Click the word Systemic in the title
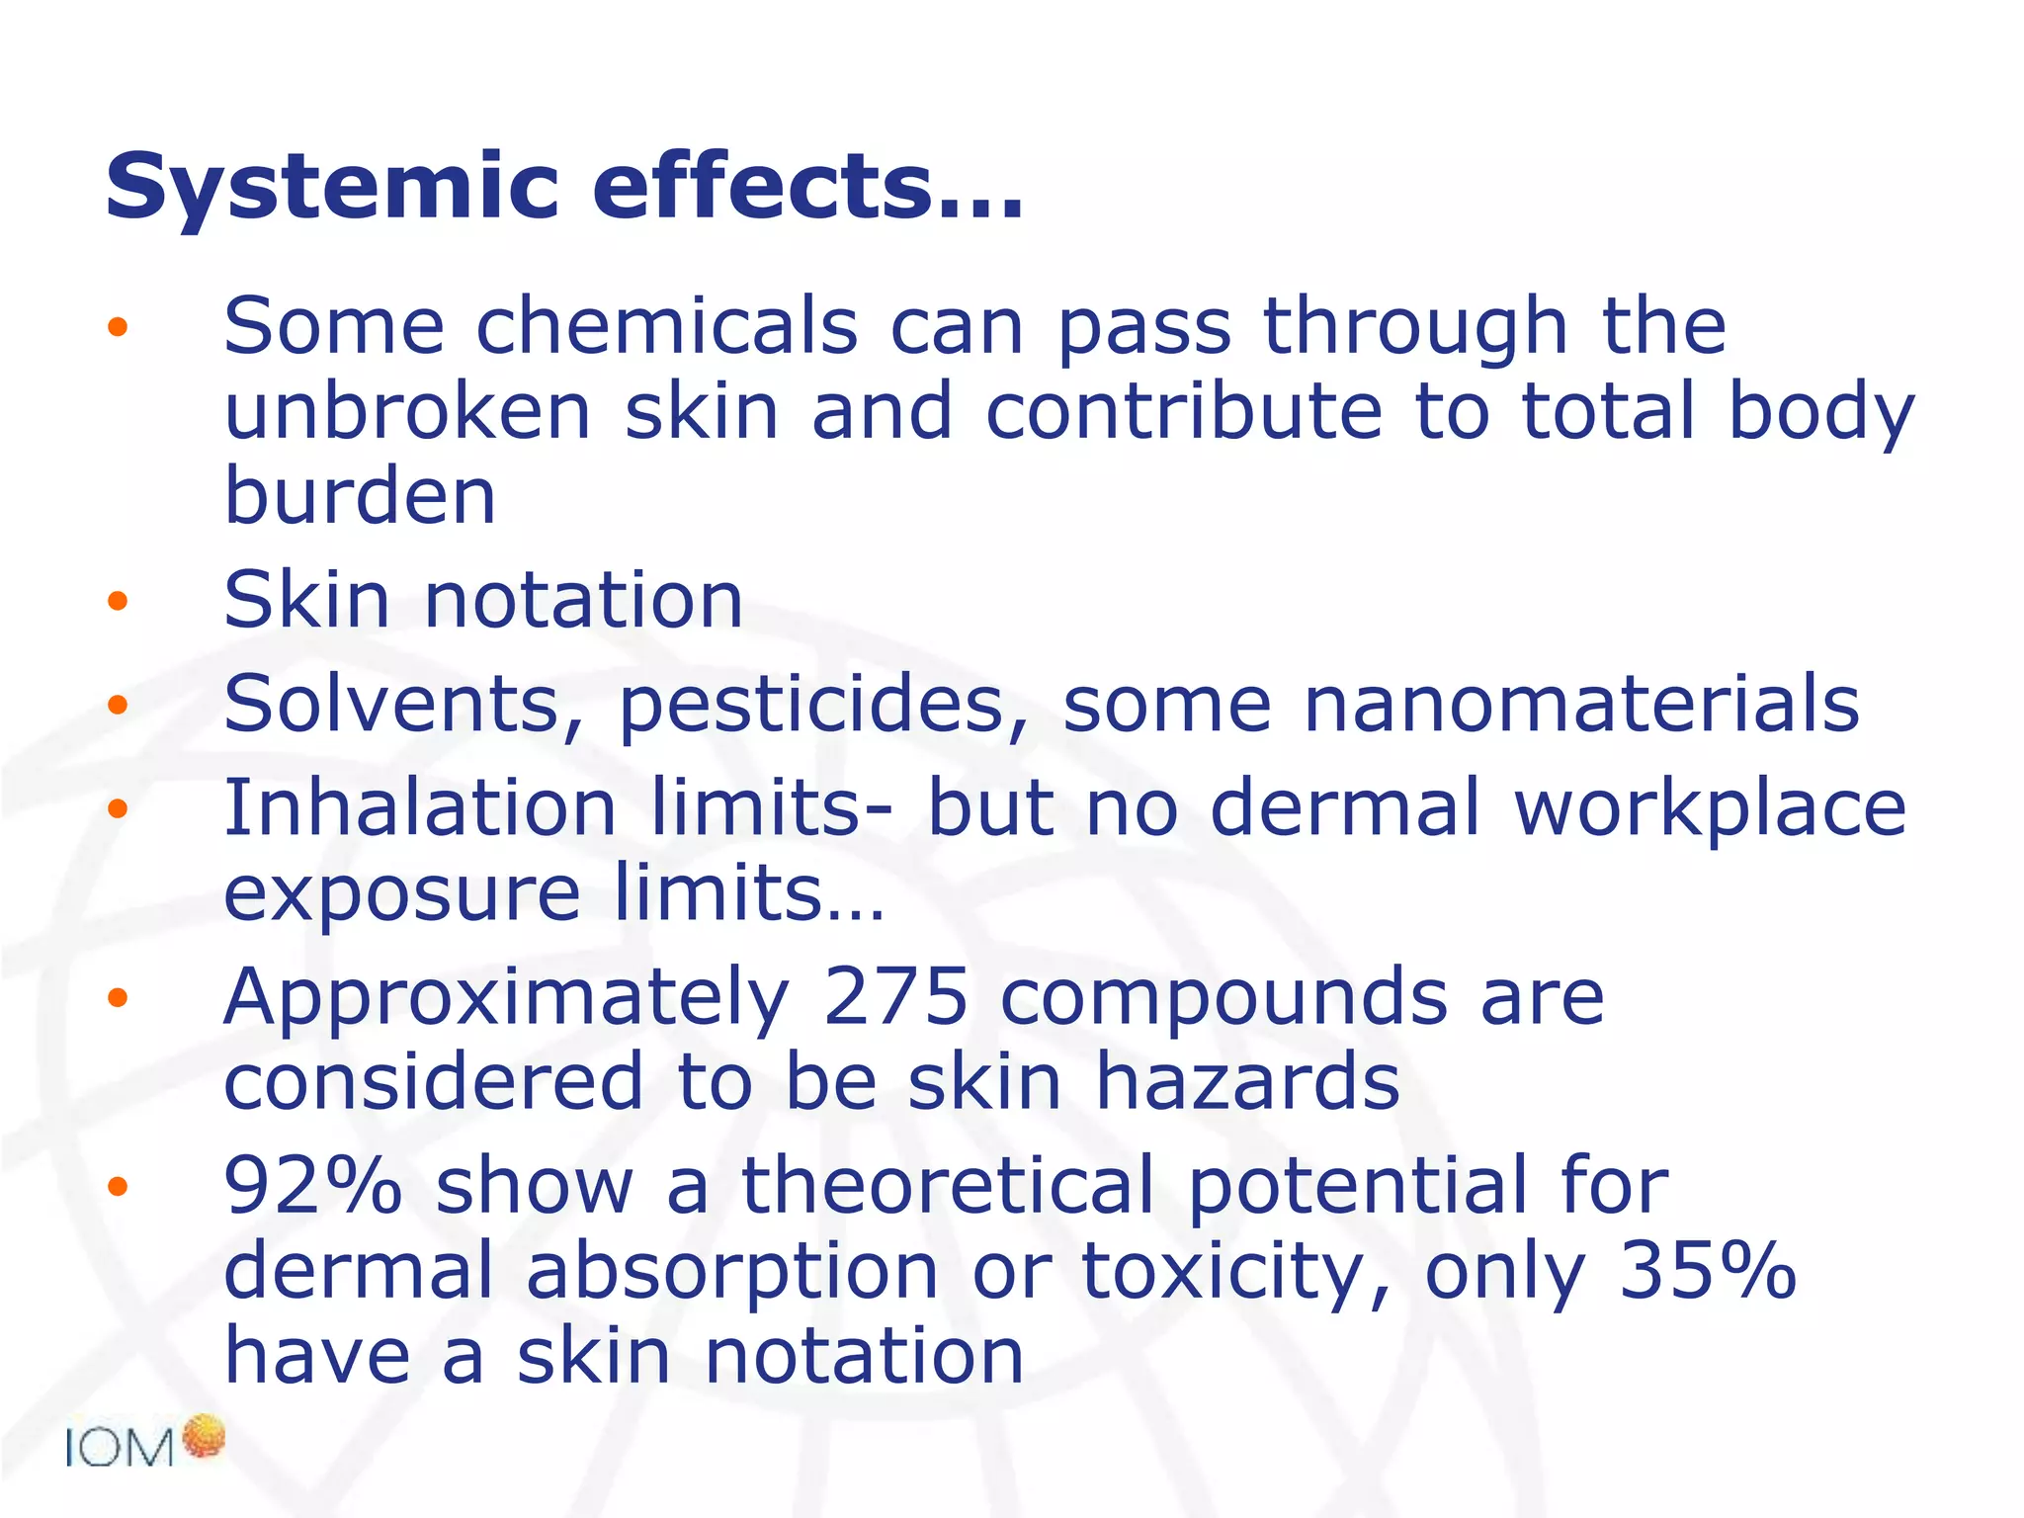pyautogui.click(x=332, y=188)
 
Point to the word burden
pyautogui.click(x=360, y=496)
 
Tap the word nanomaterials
pyautogui.click(x=1581, y=704)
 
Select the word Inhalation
pyautogui.click(x=421, y=807)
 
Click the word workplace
pyautogui.click(x=1710, y=809)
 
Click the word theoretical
pyautogui.click(x=948, y=1185)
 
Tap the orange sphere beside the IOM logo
pyautogui.click(x=204, y=1436)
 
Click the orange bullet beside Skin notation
pyautogui.click(x=118, y=601)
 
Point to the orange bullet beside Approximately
pyautogui.click(x=118, y=997)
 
